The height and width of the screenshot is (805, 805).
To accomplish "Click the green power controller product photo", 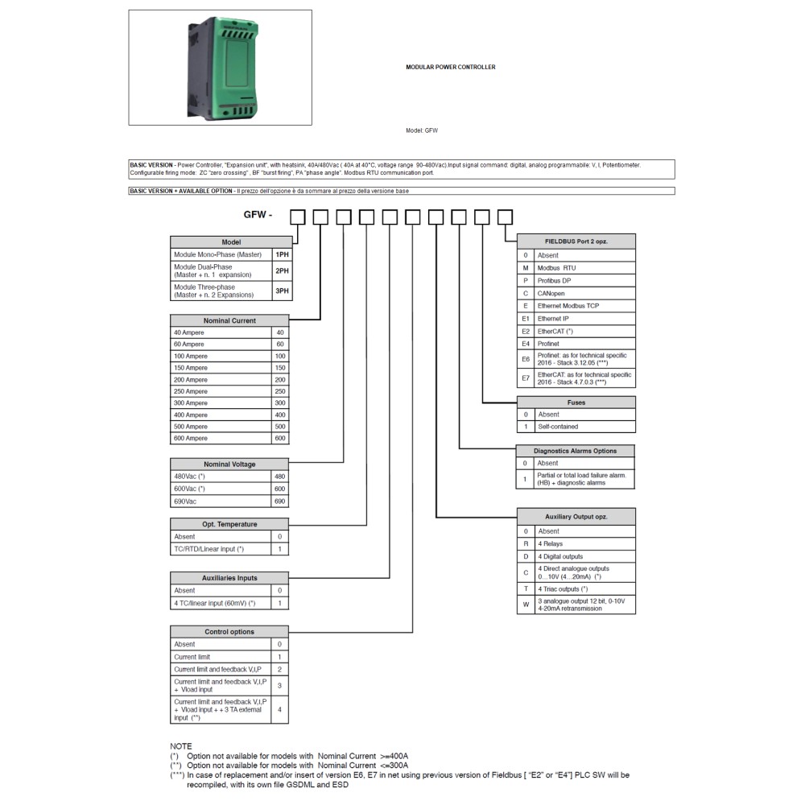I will [220, 68].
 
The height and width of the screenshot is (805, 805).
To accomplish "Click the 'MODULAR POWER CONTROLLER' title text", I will [450, 68].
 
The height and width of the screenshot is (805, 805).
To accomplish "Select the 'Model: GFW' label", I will [422, 130].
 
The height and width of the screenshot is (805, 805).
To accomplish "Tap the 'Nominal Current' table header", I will [229, 320].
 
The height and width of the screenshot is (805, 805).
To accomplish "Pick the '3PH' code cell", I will [282, 291].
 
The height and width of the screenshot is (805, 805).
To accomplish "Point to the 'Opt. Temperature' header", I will [229, 524].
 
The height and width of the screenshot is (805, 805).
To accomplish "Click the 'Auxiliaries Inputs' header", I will [229, 578].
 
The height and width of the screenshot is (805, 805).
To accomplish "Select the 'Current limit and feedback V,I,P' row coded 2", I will [217, 669].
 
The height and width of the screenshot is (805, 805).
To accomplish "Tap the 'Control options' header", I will [229, 632].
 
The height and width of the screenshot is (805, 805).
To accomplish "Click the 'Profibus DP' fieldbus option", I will [555, 280].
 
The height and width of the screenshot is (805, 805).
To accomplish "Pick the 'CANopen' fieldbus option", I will [551, 293].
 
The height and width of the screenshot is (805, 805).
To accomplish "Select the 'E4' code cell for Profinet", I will [526, 343].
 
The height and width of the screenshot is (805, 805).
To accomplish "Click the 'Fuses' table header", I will [576, 402].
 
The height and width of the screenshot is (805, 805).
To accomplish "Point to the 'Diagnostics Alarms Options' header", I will [576, 451].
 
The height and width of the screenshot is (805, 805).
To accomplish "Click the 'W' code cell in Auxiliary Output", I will [526, 605].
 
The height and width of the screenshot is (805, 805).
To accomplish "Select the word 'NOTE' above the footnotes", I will [181, 746].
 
